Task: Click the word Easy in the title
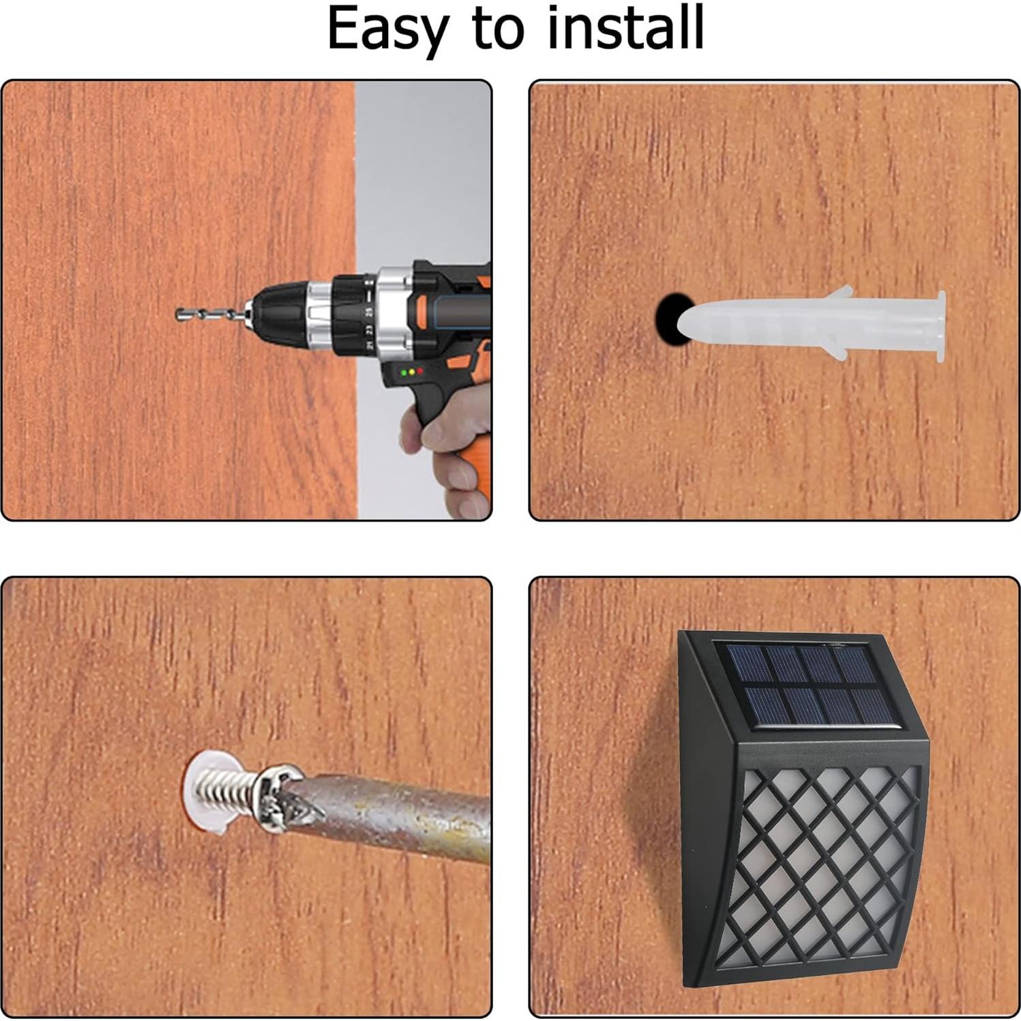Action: (x=388, y=29)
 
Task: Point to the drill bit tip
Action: (x=178, y=314)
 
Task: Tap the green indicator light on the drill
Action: (x=404, y=372)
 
